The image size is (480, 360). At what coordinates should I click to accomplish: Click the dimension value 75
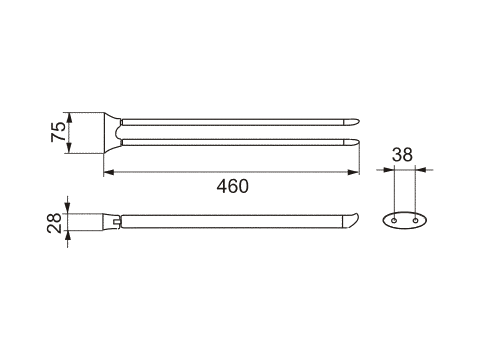click(58, 132)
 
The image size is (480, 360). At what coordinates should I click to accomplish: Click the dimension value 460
click(232, 186)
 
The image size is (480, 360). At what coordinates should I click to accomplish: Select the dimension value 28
click(54, 223)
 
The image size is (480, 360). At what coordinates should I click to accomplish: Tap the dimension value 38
click(402, 155)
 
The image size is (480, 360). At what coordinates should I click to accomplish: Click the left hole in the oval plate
click(394, 220)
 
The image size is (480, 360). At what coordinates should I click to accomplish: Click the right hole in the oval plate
click(415, 220)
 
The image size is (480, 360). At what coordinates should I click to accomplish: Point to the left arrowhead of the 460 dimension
click(109, 172)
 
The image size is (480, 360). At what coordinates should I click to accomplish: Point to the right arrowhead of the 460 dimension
click(353, 172)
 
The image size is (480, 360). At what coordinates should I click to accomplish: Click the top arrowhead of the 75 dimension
click(69, 118)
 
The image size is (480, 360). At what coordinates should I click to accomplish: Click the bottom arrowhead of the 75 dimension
click(69, 148)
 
